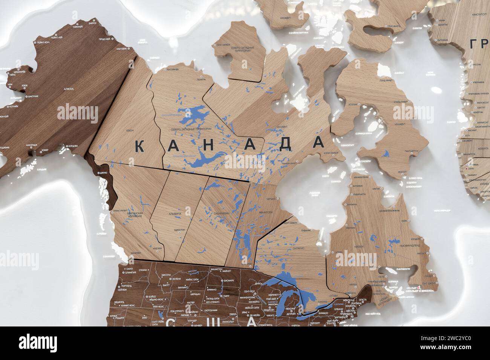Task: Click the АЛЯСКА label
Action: pyautogui.click(x=68, y=89)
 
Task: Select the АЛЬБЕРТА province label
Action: pyautogui.click(x=175, y=214)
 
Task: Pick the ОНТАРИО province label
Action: pyautogui.click(x=297, y=249)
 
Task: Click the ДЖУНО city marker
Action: pyautogui.click(x=99, y=172)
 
